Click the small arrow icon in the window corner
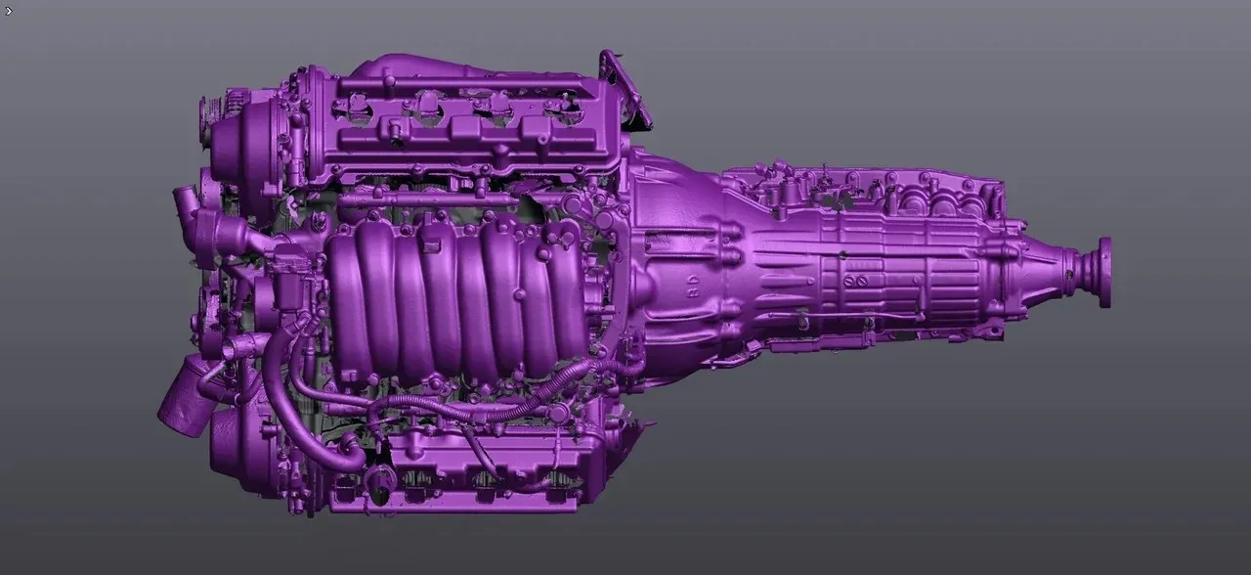(x=9, y=11)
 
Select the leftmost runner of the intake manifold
(x=347, y=303)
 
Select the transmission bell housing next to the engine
(x=674, y=264)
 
